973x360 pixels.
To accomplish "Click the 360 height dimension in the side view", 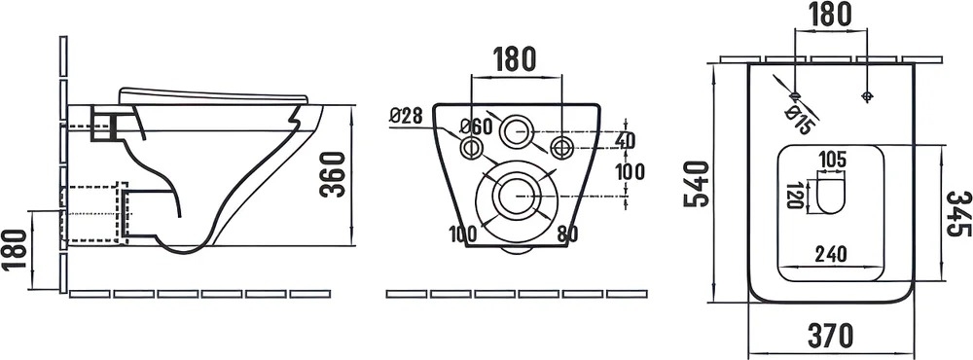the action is [x=333, y=174].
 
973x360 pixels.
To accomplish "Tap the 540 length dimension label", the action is [x=697, y=184].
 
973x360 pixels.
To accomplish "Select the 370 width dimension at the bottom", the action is [x=830, y=336].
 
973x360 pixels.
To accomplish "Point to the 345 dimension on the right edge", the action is [x=958, y=213].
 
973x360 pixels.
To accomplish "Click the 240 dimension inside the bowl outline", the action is [x=830, y=254].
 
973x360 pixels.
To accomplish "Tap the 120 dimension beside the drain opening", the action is [x=794, y=196].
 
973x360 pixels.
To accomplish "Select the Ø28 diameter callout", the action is [x=406, y=116].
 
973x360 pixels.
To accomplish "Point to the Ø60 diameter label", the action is [x=476, y=127].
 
